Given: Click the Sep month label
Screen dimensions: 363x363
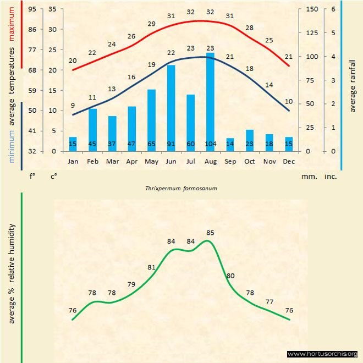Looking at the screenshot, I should click(x=230, y=162).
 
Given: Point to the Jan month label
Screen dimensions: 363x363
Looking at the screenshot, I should click(x=73, y=162).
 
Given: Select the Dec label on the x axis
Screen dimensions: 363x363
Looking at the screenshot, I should click(x=289, y=162).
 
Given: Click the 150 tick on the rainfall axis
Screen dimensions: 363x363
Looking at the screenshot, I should click(x=312, y=9).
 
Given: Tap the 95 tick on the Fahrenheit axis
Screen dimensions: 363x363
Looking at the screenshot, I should click(x=32, y=9).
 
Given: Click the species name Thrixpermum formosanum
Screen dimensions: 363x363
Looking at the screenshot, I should click(x=181, y=188).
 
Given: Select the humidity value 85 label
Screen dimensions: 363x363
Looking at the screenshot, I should click(x=210, y=233).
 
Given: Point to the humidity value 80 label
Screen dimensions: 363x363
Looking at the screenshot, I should click(x=230, y=276).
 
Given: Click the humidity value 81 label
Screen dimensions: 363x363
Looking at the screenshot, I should click(x=152, y=267).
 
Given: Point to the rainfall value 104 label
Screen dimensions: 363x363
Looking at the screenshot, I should click(x=210, y=144).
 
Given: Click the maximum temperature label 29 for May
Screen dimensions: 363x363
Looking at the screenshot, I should click(x=152, y=24).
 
